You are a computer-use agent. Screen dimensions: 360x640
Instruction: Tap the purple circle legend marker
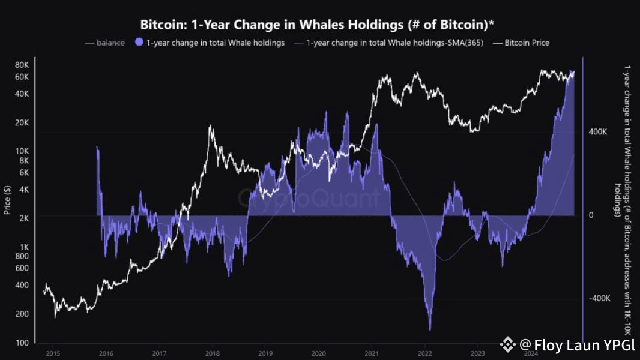coord(139,43)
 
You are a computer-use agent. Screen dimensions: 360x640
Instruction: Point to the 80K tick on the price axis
coord(22,65)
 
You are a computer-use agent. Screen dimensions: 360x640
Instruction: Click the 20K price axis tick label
coord(22,122)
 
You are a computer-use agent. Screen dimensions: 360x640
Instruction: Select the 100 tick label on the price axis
coord(23,343)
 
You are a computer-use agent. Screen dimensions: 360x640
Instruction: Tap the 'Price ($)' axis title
coord(7,200)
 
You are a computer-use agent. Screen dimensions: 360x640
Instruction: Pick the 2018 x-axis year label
coord(211,353)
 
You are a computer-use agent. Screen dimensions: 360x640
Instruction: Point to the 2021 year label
coord(372,353)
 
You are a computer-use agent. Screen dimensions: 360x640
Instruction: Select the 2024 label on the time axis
coord(531,353)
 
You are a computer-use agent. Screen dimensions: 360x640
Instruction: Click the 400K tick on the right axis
coord(598,131)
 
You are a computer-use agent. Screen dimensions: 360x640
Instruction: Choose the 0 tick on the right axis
coord(591,215)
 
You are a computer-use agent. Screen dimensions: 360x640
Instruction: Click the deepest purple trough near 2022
coord(430,329)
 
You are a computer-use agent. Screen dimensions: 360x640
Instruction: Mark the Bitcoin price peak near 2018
coord(210,125)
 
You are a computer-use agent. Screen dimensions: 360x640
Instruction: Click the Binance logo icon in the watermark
coord(508,344)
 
